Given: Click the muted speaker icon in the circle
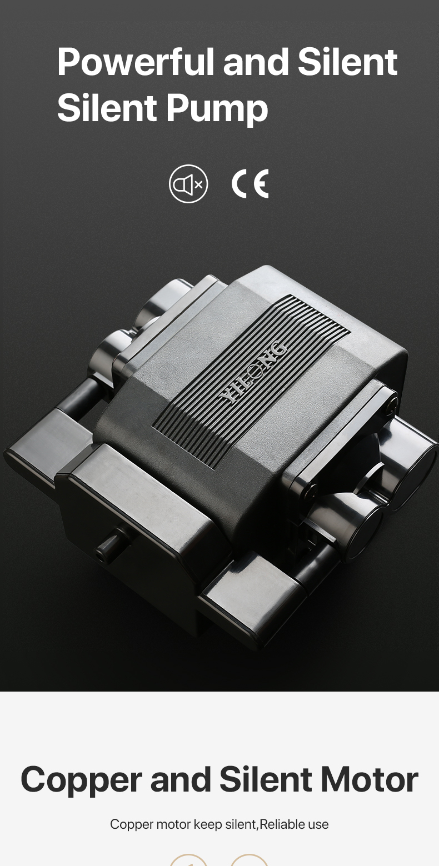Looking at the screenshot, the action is click(188, 184).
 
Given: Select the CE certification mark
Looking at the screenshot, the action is click(250, 184).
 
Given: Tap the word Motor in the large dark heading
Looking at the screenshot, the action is click(370, 779).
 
